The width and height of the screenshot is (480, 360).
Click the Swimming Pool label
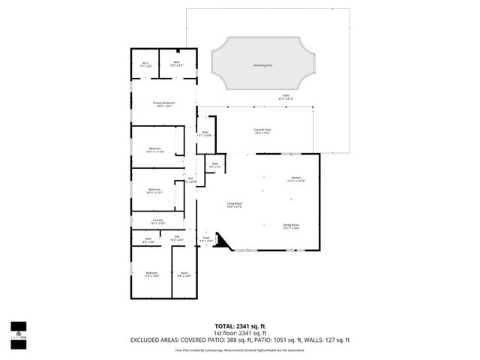point(262,66)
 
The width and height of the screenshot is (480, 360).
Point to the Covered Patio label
point(262,130)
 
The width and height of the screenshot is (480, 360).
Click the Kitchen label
point(295,178)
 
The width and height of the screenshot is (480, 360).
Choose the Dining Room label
point(291,226)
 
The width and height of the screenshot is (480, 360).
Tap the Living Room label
point(235,205)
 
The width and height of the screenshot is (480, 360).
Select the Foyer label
point(205,238)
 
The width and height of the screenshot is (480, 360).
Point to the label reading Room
point(183,274)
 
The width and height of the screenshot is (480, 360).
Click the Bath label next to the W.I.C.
point(177,64)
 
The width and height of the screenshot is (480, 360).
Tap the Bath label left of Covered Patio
point(205,133)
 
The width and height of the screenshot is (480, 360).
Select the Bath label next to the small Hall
point(148,240)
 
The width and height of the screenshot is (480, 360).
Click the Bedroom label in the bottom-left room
point(152,274)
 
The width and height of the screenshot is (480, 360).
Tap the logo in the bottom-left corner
point(18,331)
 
